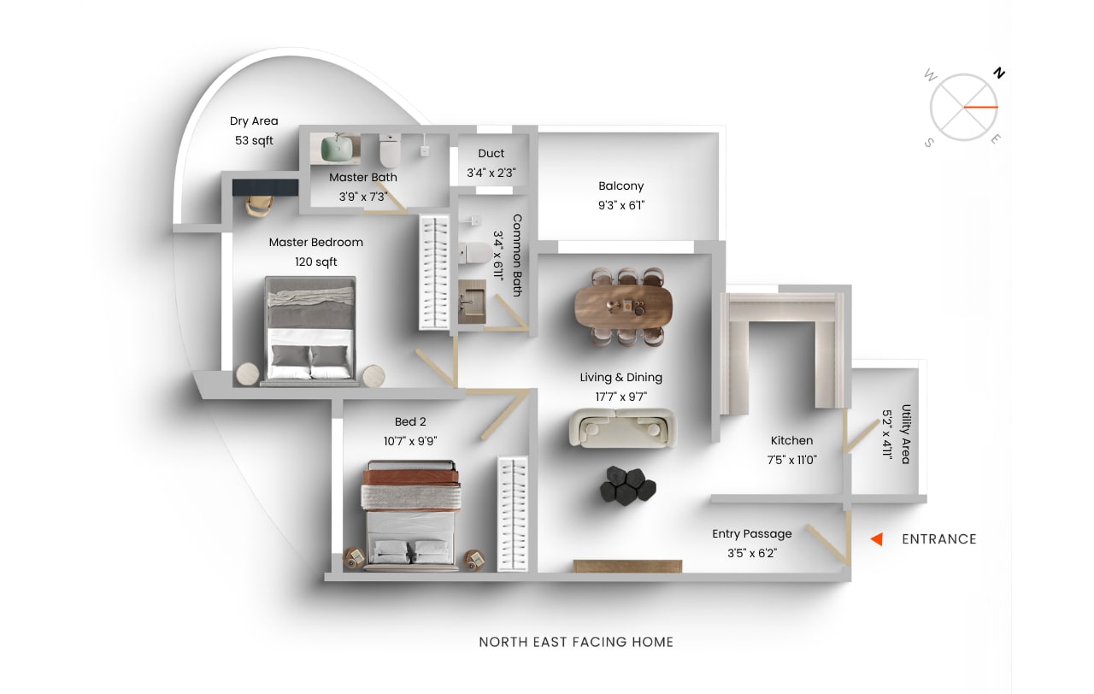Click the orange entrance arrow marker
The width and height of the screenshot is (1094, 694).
point(877,539)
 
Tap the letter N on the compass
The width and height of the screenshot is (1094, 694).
point(999,74)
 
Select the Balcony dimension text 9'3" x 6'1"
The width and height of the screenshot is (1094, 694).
point(621,206)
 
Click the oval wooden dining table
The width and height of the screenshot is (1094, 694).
point(623,306)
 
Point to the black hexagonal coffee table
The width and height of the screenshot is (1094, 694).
point(628,486)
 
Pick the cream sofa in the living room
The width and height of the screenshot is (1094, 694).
point(623,428)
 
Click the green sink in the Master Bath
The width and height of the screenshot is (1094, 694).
point(338,149)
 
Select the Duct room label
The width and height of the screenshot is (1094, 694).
point(491,153)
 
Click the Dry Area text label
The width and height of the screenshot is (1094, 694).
point(254,121)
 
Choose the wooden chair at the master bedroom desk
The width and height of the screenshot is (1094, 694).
point(259,206)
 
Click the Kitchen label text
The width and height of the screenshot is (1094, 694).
point(791,440)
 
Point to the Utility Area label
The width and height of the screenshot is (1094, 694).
point(906,434)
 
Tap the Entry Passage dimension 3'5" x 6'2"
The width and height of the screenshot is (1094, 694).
point(752,553)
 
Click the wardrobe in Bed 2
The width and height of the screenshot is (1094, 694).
point(513,514)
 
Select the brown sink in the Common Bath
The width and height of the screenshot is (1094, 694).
point(472,302)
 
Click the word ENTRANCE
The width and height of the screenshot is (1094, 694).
point(939,539)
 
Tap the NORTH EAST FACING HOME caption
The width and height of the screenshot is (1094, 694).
point(576,642)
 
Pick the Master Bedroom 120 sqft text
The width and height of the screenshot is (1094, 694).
point(316,252)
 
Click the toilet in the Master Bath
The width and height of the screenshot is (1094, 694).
point(390,150)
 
